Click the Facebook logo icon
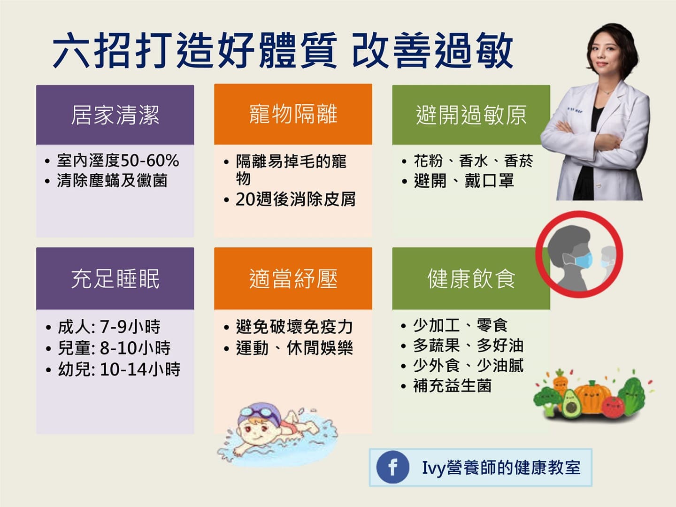tap(392, 467)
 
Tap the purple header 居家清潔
tap(115, 115)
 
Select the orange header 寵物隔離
tap(293, 114)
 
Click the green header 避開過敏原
tap(471, 115)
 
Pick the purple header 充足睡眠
tap(115, 278)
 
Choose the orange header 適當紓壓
tap(293, 278)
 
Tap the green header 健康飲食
tap(471, 278)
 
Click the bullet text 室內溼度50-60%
tap(117, 161)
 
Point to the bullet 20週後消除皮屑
tap(295, 200)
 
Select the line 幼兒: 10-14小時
tap(119, 369)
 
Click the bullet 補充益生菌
tap(452, 386)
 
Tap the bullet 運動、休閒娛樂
tap(294, 348)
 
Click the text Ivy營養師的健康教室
tap(501, 468)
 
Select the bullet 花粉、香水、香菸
tap(473, 161)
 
